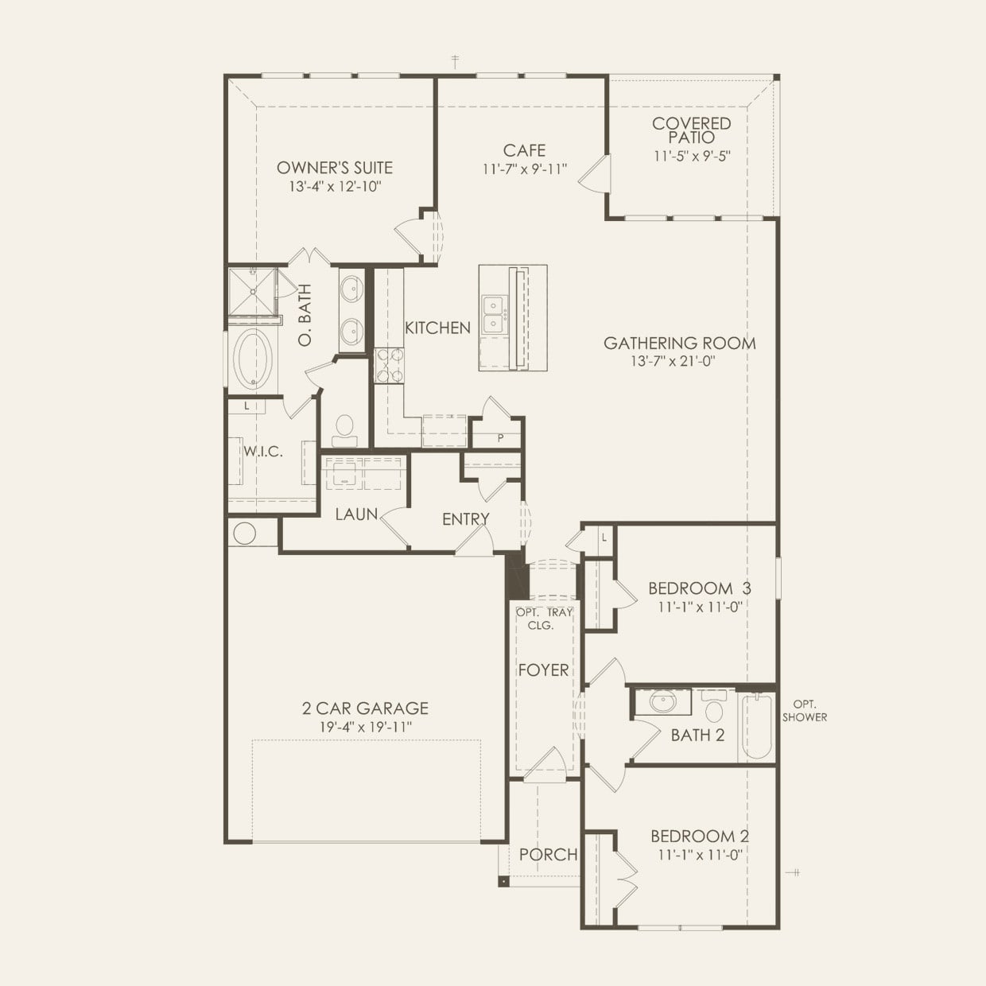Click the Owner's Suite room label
tap(335, 167)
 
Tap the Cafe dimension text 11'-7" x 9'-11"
tap(525, 169)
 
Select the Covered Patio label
tap(691, 130)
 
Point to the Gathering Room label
tap(680, 343)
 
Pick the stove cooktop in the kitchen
tap(389, 365)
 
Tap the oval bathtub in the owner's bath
tap(252, 358)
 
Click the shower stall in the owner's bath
tap(252, 291)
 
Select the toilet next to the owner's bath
tap(345, 431)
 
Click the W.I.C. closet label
tap(263, 452)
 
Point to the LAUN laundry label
tap(356, 514)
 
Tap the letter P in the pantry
tap(500, 437)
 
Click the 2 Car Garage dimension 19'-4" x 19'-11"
tap(365, 727)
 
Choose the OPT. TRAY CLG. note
tap(544, 619)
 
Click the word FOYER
tap(543, 670)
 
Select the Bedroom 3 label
tap(700, 588)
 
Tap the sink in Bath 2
tap(662, 701)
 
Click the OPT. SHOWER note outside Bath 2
tap(805, 711)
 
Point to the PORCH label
tap(548, 854)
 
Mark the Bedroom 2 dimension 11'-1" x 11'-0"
tap(700, 855)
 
